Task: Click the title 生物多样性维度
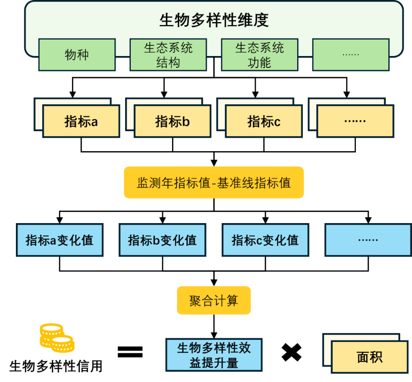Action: (214, 20)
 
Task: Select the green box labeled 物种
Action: (77, 54)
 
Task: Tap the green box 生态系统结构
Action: (168, 55)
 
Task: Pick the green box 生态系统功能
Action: (259, 55)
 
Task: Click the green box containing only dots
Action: (351, 54)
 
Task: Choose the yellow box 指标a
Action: (81, 121)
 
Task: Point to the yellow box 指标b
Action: (173, 121)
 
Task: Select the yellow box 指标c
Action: (264, 121)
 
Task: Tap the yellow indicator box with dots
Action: (355, 121)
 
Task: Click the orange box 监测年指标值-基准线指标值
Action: (214, 183)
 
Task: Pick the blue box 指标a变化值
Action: (60, 240)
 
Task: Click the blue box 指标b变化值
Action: (162, 240)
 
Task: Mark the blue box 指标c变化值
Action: (265, 240)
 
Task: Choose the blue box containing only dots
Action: (368, 240)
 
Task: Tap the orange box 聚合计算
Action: (214, 300)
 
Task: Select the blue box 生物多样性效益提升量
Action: (214, 355)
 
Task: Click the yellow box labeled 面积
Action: (369, 357)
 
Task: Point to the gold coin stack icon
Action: (56, 337)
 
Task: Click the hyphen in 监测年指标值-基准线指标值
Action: (214, 183)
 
